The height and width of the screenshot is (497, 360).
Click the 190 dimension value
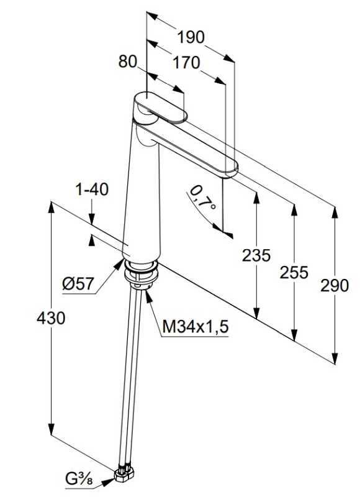[191, 37]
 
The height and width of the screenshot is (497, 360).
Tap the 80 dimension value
[127, 62]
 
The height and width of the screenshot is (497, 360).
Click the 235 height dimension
[256, 255]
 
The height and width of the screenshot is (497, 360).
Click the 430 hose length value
[51, 319]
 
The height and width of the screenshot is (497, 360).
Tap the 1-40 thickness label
[92, 189]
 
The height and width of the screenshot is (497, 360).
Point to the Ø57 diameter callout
[78, 284]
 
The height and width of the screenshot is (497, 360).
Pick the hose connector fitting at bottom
[124, 474]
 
